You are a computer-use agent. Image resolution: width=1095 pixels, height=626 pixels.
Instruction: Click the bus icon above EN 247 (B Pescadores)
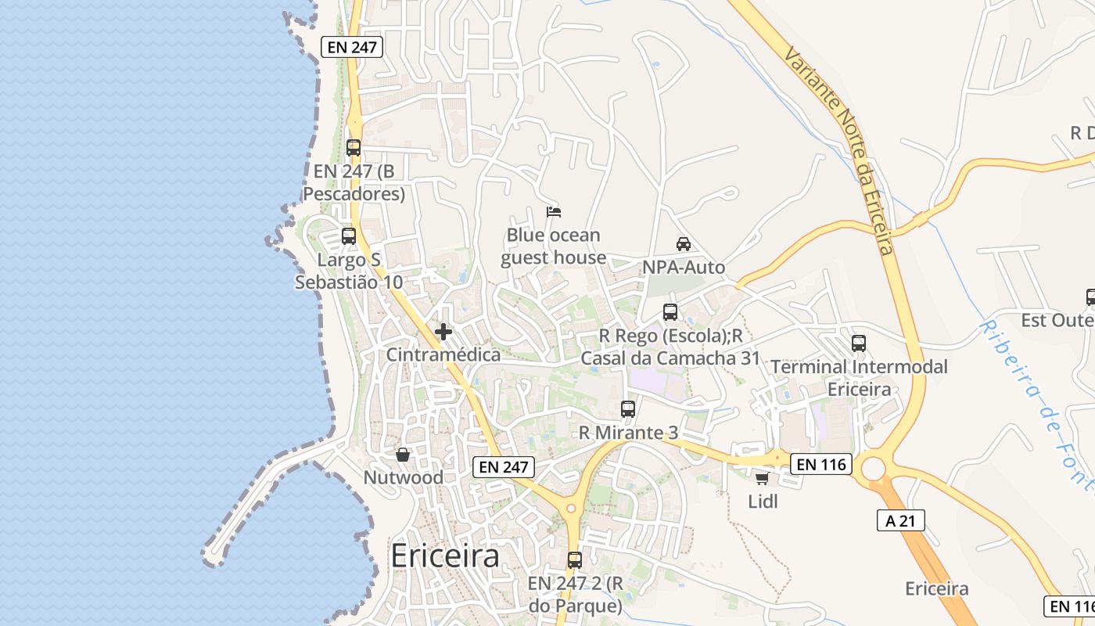pyautogui.click(x=354, y=147)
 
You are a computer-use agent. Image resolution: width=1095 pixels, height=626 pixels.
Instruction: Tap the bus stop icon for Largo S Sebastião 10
pyautogui.click(x=349, y=236)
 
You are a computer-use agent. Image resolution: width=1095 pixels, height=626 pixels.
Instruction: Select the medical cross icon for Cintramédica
pyautogui.click(x=443, y=332)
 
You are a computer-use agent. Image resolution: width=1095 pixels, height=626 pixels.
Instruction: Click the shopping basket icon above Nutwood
pyautogui.click(x=403, y=455)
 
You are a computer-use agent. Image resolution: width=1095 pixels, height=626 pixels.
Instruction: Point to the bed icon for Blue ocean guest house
pyautogui.click(x=554, y=212)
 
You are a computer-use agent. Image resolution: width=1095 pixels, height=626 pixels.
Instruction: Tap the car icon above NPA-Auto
pyautogui.click(x=684, y=244)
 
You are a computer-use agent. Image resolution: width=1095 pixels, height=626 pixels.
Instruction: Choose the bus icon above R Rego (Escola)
pyautogui.click(x=670, y=312)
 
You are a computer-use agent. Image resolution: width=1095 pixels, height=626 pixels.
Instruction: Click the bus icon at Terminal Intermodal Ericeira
pyautogui.click(x=859, y=344)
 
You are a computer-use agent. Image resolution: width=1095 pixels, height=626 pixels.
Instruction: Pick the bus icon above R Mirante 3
pyautogui.click(x=628, y=408)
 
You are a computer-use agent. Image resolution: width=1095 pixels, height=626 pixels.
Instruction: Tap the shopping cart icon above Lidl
pyautogui.click(x=763, y=478)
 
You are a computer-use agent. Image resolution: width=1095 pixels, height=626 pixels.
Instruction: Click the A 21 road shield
pyautogui.click(x=901, y=520)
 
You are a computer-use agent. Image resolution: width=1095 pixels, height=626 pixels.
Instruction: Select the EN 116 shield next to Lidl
pyautogui.click(x=820, y=464)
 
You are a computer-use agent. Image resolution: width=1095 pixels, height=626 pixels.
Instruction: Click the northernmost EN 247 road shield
pyautogui.click(x=353, y=47)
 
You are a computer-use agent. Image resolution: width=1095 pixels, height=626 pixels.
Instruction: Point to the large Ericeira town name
pyautogui.click(x=444, y=556)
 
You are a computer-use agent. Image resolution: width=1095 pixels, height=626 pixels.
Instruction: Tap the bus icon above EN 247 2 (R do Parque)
pyautogui.click(x=575, y=560)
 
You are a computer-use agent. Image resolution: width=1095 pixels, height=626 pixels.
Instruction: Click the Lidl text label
pyautogui.click(x=763, y=502)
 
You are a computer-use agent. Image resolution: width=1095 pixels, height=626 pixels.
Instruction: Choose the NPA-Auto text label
pyautogui.click(x=684, y=268)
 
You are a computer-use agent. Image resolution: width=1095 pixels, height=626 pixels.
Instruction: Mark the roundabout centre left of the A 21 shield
pyautogui.click(x=873, y=469)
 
